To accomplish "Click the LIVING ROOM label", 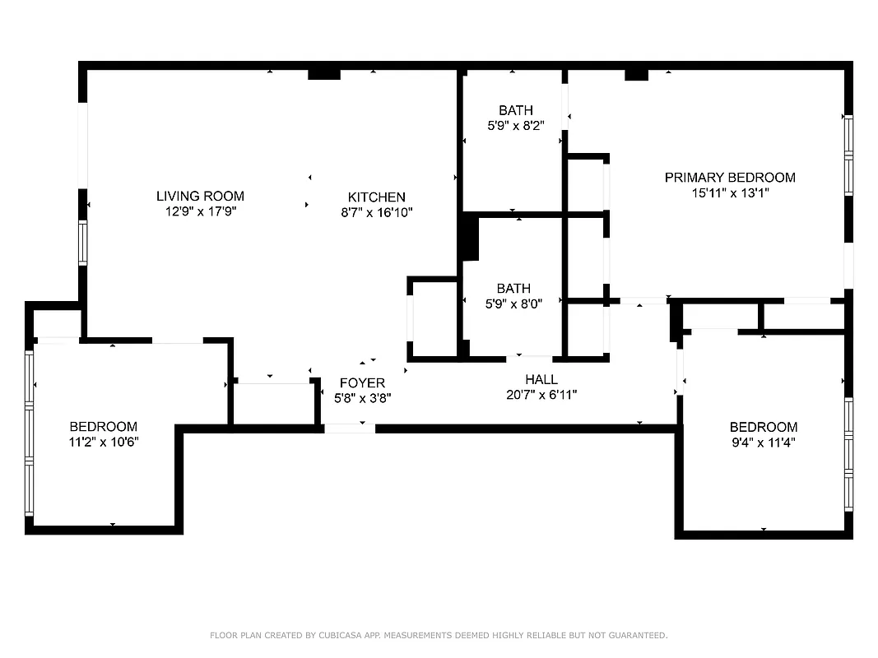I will click(200, 196).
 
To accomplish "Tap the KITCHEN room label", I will click(376, 197).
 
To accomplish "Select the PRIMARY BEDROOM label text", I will click(730, 178).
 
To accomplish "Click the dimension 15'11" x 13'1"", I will click(730, 193).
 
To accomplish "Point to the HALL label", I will click(541, 379).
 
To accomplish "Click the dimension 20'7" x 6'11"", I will click(541, 395).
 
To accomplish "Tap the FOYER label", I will click(362, 383).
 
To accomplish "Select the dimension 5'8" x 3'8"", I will click(362, 398).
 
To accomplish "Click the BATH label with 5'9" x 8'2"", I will click(515, 110).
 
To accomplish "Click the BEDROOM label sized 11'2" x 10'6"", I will click(103, 427).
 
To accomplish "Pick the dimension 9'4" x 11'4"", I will click(763, 443).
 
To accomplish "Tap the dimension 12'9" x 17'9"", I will click(200, 211).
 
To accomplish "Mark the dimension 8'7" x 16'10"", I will click(376, 212).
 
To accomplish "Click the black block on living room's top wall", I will click(324, 74).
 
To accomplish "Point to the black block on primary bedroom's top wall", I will click(636, 75).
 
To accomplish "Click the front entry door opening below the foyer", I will click(349, 428).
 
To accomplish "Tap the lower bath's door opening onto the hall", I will click(529, 359).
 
